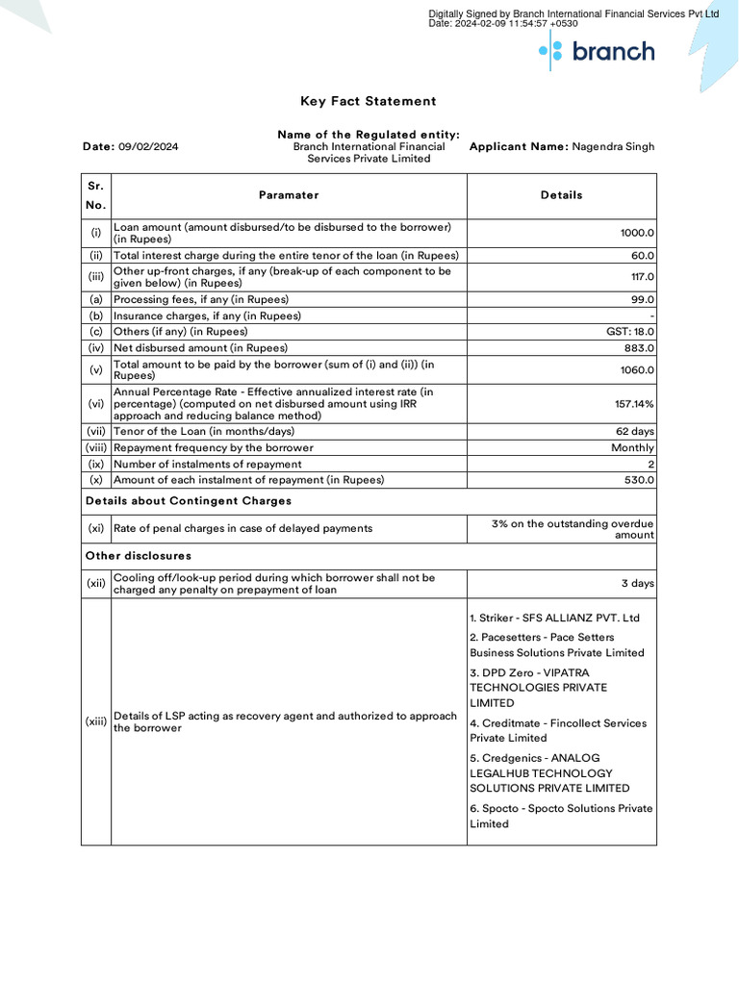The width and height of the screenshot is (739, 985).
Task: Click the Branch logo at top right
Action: pos(597,51)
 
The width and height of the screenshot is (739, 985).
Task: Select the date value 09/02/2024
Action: pos(148,147)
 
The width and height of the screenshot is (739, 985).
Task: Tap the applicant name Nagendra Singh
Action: pos(613,147)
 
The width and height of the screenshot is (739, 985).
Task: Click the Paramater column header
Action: pos(289,195)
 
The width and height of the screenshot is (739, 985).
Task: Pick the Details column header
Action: pos(561,195)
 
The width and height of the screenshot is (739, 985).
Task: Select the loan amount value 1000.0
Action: pos(637,233)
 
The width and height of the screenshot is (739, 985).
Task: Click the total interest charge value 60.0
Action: pos(643,256)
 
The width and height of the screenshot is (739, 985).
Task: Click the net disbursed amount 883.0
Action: pos(639,348)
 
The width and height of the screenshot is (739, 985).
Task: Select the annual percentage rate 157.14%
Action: pos(634,404)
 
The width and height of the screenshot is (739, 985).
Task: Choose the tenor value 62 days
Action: pos(635,432)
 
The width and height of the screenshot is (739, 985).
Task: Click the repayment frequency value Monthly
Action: pos(632,448)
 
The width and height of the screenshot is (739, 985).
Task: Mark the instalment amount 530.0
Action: pos(639,480)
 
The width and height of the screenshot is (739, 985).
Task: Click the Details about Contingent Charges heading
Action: pos(189,501)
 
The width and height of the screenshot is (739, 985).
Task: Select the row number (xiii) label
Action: pos(95,721)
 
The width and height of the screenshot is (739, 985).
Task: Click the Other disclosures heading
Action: pos(139,556)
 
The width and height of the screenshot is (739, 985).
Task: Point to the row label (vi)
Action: pos(95,404)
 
